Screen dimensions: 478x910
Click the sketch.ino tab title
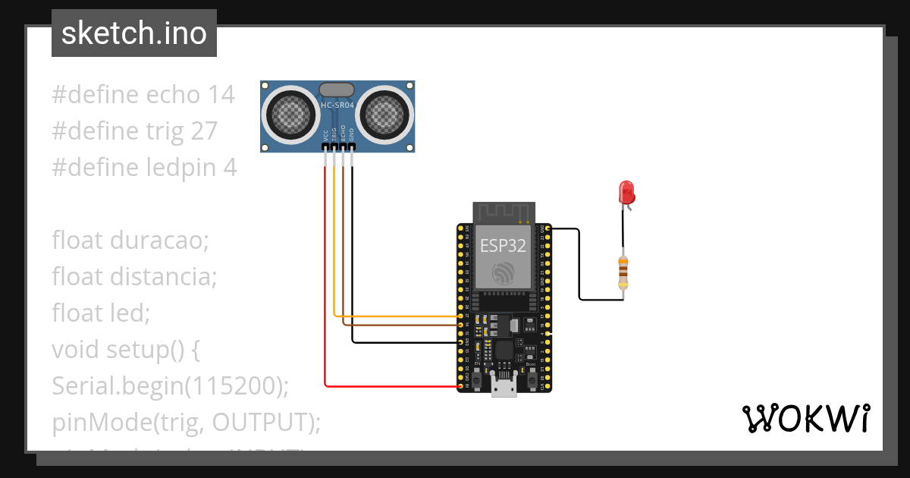[133, 33]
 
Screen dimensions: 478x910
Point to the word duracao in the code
[158, 241]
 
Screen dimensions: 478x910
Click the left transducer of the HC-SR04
[289, 115]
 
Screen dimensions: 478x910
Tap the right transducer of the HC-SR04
[386, 115]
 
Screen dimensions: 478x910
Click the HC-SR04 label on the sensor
[337, 105]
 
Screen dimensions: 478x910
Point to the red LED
[626, 192]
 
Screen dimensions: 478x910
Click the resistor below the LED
[623, 273]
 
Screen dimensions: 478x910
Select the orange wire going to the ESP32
[394, 316]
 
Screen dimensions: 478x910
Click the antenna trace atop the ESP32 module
[504, 212]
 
